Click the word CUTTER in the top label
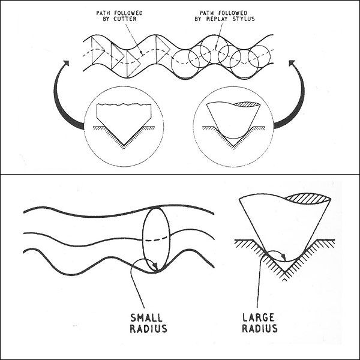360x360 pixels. coord(125,19)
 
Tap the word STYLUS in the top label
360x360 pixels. coord(244,19)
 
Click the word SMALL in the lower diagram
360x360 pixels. coord(146,318)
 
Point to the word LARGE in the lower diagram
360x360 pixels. coord(258,317)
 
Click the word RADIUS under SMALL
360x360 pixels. coord(148,329)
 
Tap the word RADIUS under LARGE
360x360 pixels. coord(260,328)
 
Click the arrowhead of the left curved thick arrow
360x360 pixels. coord(66,63)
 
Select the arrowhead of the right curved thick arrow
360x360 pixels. coord(292,63)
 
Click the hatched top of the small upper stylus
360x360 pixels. coord(247,104)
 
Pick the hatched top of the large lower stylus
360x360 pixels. coord(308,199)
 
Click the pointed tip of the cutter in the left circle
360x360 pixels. coord(124,145)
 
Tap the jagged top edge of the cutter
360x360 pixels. coord(124,105)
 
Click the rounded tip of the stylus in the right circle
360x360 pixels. coord(233,138)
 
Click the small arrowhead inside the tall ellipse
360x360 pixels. coord(155,266)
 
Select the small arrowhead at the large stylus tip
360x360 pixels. coord(284,257)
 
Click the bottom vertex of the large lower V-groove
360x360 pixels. coord(284,272)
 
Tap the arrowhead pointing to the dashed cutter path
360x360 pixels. coord(142,53)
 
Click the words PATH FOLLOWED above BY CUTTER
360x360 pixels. coord(119,13)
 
